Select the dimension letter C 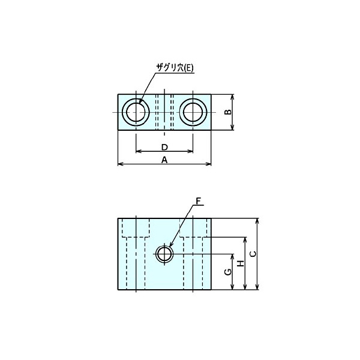point(252,254)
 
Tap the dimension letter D point(164,147)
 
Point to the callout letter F point(199,200)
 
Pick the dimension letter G point(227,272)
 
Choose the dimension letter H point(240,263)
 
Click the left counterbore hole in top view point(136,112)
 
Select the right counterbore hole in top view point(193,112)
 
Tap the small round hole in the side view point(164,254)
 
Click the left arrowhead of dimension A point(119,164)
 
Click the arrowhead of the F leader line point(170,247)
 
